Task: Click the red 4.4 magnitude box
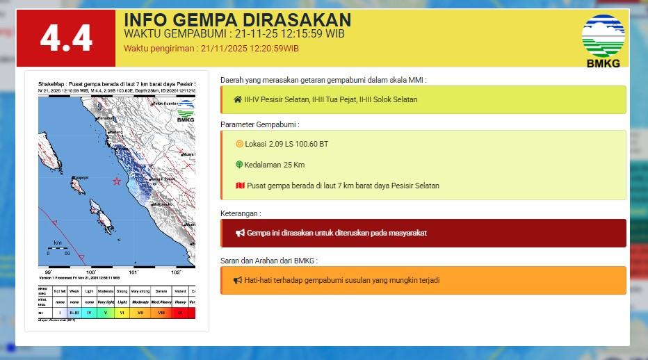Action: [x=66, y=38]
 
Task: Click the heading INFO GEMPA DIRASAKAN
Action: [x=237, y=20]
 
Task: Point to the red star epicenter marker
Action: [x=117, y=181]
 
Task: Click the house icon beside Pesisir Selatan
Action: [x=238, y=99]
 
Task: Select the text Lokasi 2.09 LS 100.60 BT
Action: [x=286, y=144]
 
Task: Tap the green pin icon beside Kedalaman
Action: [x=239, y=165]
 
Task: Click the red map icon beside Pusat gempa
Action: [x=240, y=186]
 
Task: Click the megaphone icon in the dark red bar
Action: [x=239, y=233]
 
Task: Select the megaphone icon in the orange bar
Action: [x=238, y=280]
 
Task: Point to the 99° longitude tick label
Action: [x=49, y=272]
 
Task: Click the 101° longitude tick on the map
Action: [x=133, y=272]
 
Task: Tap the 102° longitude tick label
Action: [x=176, y=272]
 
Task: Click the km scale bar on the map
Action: [x=58, y=247]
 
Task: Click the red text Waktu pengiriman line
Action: [x=211, y=49]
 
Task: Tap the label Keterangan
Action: [x=241, y=213]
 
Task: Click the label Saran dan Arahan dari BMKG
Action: [x=268, y=261]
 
